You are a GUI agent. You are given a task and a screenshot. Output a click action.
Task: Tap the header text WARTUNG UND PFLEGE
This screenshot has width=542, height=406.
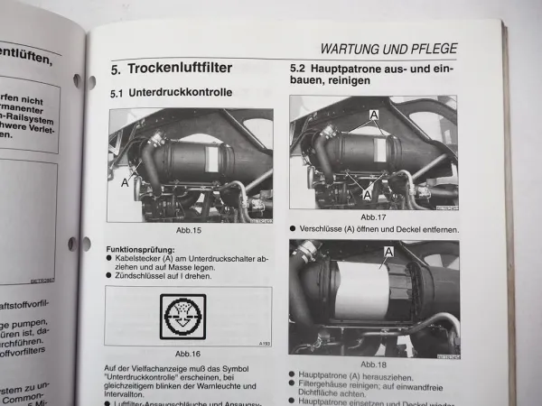click(388, 49)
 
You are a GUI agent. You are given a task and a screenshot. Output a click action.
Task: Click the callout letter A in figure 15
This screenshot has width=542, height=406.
click(125, 181)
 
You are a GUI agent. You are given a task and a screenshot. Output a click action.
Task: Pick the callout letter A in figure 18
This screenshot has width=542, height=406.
click(388, 252)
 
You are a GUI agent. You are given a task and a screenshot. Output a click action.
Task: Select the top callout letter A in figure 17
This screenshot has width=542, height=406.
click(372, 115)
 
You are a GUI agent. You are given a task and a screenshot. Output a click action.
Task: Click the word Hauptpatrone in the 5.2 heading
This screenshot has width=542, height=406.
click(362, 69)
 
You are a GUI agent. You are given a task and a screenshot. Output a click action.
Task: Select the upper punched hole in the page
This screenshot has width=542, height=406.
click(91, 81)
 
